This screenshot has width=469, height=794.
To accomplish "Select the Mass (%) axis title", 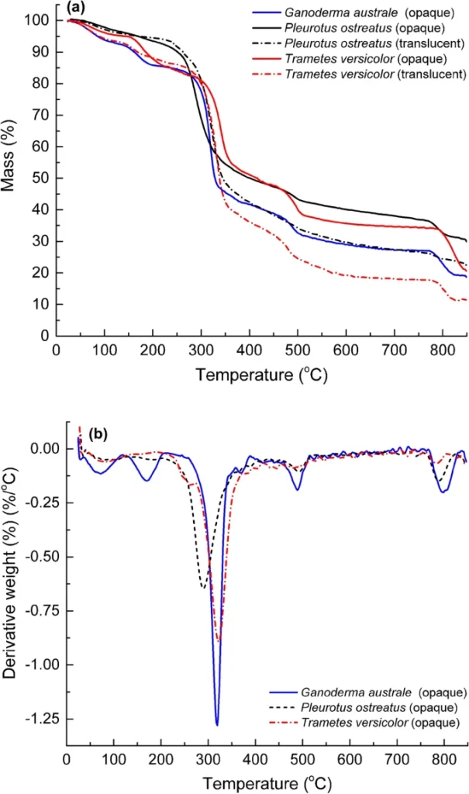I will point(14,171).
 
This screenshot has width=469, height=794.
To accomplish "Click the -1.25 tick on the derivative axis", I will point(39,719).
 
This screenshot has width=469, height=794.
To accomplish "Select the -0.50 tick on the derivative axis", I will point(39,557).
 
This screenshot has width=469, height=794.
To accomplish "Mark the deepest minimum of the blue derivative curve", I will point(217,725).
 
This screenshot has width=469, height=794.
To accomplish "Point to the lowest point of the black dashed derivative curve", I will point(203,588).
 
